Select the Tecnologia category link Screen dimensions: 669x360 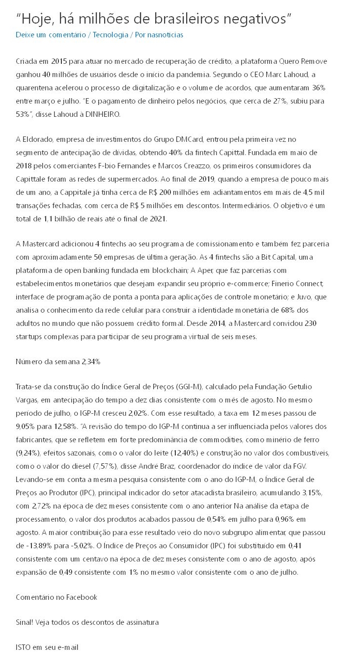110,35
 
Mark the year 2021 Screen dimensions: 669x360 156,219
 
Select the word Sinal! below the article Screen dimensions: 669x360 26,622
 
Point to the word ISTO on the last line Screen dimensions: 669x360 23,647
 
